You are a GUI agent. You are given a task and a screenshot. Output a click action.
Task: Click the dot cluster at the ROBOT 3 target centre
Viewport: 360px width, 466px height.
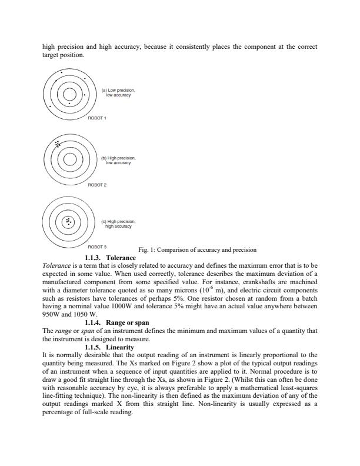(x=69, y=222)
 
